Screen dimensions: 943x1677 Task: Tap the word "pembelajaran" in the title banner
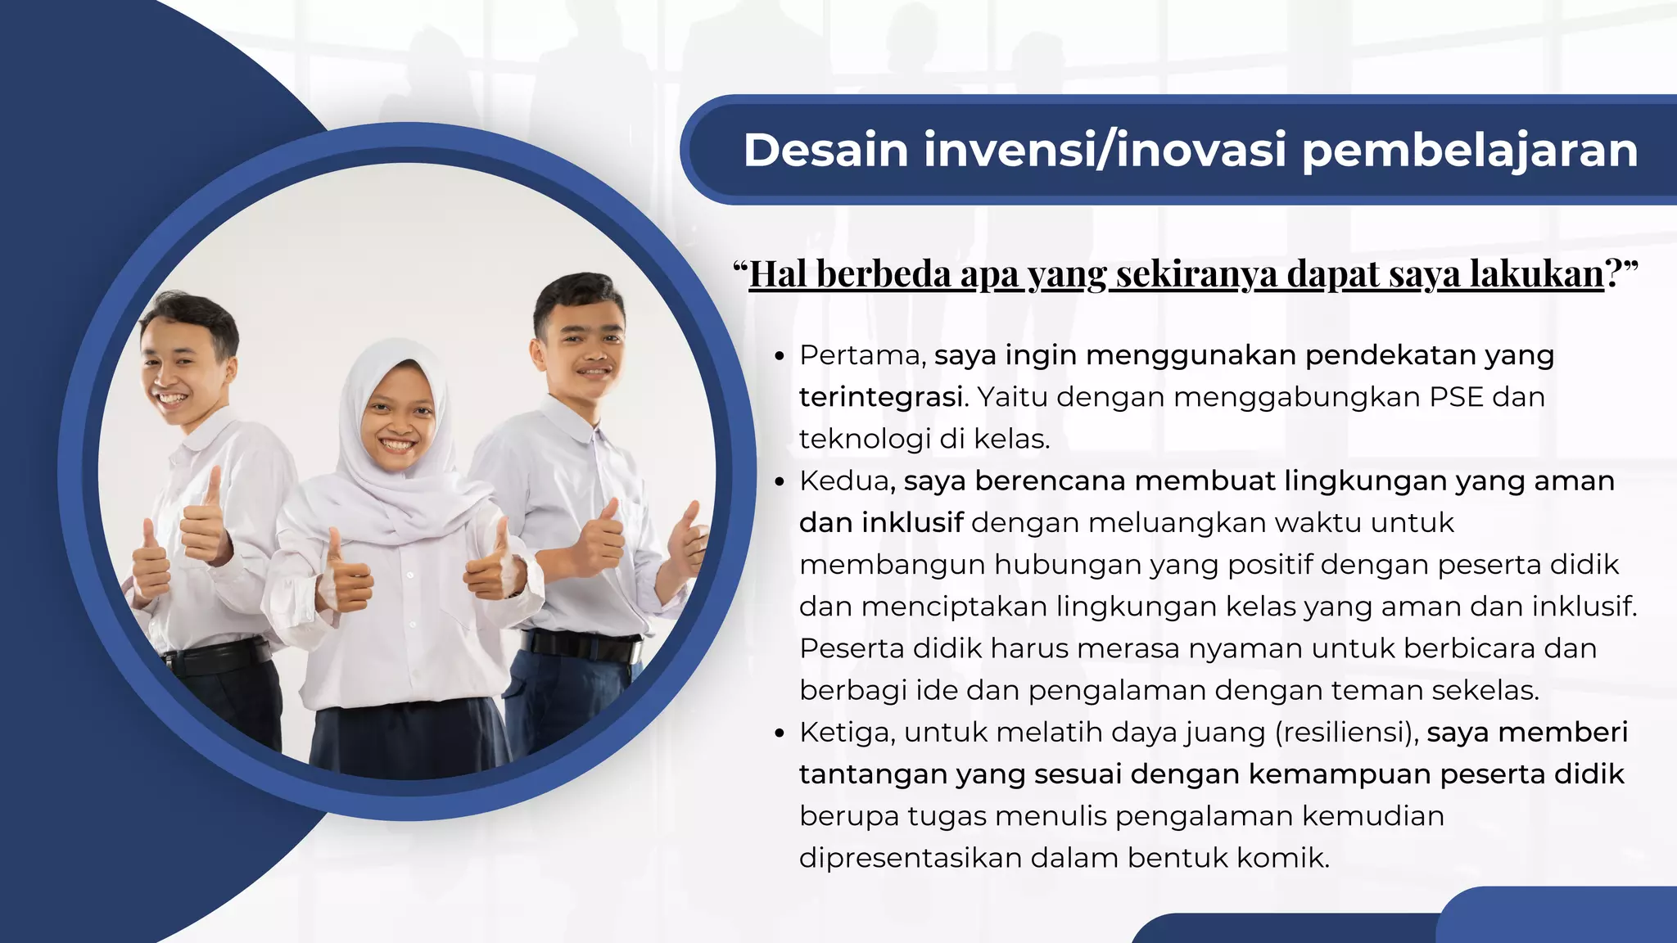tap(1469, 151)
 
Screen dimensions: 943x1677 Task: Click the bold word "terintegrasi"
tap(880, 397)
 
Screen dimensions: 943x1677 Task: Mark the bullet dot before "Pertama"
tap(780, 357)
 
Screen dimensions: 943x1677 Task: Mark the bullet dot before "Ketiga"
tap(780, 733)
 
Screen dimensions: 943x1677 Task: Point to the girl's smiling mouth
tap(397, 446)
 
